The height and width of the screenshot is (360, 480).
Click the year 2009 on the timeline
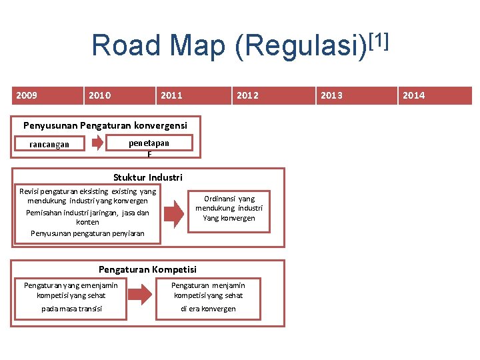[27, 95]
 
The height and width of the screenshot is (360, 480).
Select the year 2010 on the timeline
[99, 95]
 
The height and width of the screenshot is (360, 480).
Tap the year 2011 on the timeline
[171, 95]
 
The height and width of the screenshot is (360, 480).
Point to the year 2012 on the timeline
[247, 95]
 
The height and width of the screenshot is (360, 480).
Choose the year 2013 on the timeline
[331, 95]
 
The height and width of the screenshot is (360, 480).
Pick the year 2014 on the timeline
[413, 95]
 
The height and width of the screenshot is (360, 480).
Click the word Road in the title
[126, 45]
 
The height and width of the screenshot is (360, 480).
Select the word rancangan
[49, 145]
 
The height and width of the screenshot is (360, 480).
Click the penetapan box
[149, 143]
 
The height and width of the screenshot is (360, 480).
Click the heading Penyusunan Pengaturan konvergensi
[105, 125]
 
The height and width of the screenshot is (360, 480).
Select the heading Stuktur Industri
[148, 177]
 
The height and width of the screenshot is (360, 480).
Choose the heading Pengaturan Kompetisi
[147, 269]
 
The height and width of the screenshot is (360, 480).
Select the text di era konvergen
[208, 309]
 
